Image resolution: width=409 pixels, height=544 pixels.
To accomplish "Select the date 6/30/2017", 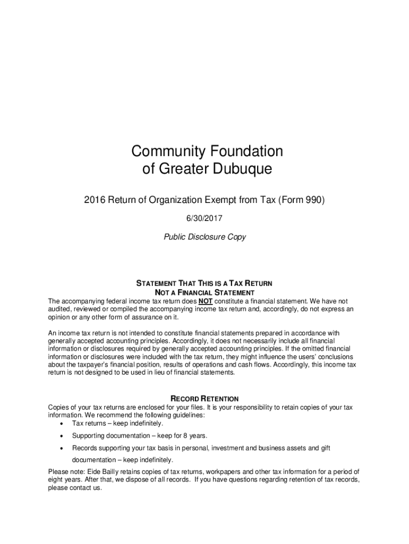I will pos(204,218).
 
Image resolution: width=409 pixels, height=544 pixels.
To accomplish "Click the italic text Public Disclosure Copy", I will pos(204,237).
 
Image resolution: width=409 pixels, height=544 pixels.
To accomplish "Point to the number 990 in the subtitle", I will pos(312,200).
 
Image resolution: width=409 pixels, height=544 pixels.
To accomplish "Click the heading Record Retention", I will pos(204,398).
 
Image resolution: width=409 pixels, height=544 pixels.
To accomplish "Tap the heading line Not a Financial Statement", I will pos(204,293).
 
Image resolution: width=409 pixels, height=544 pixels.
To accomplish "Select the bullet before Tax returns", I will pos(63,424).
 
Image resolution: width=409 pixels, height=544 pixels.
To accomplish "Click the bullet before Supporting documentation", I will pos(63,436).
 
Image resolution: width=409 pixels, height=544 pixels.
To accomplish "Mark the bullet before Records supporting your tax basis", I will pos(63,448).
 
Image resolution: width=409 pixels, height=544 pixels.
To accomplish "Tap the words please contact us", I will pos(74,488).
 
